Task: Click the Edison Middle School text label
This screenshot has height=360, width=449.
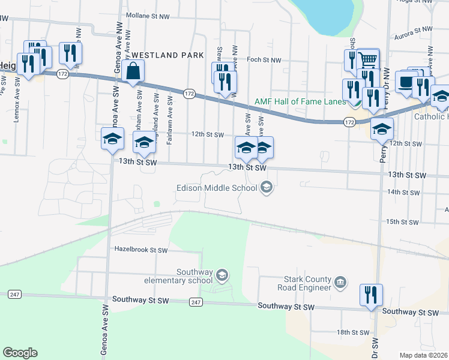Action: click(x=216, y=188)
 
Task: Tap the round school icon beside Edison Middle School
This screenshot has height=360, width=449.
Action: click(x=266, y=188)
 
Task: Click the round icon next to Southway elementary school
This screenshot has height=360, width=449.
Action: click(x=222, y=275)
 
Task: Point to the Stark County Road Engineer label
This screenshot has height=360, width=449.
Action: click(x=307, y=283)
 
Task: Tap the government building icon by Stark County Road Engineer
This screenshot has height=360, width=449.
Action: click(x=340, y=282)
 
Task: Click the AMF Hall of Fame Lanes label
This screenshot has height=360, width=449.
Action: click(x=300, y=102)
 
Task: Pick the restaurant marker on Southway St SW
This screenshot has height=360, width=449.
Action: click(x=371, y=295)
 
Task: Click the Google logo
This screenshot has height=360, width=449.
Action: click(x=20, y=352)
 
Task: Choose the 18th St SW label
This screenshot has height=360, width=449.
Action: click(x=352, y=332)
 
